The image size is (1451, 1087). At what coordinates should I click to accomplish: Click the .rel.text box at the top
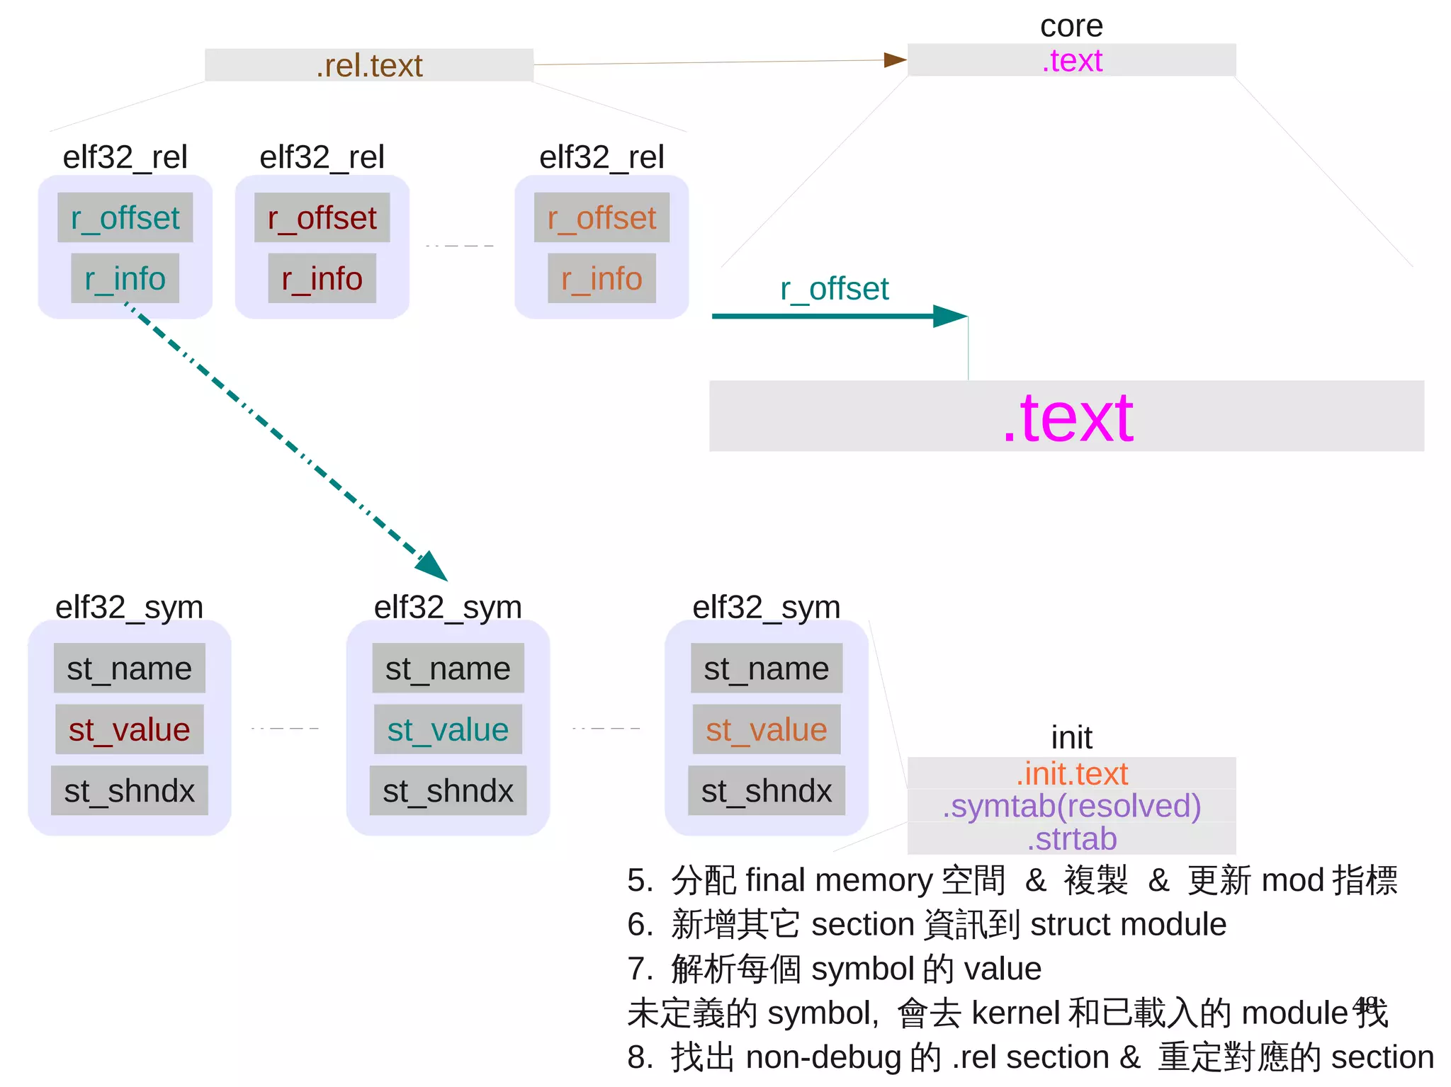(x=368, y=65)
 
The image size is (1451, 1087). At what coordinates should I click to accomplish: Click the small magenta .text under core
(x=1071, y=61)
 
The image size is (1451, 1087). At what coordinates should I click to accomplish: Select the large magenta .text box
(x=1066, y=417)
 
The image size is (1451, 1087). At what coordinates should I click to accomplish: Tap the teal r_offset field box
(x=125, y=218)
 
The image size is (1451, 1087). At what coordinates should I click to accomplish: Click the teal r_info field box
(x=125, y=278)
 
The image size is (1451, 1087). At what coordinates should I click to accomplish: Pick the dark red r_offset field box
(x=322, y=218)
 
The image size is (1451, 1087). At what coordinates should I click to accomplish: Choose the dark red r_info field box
(x=322, y=278)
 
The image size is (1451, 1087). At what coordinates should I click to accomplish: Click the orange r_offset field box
(x=602, y=218)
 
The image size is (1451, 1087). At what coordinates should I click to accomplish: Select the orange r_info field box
(x=602, y=278)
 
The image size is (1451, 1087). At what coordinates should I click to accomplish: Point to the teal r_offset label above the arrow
(x=834, y=289)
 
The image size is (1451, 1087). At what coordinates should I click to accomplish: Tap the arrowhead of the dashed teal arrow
(x=433, y=567)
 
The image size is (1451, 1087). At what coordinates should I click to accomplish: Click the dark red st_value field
(x=129, y=729)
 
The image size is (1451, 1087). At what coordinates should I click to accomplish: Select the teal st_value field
(x=448, y=729)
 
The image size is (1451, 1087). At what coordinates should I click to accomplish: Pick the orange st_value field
(x=766, y=729)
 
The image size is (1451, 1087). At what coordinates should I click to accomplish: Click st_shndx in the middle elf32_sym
(x=448, y=790)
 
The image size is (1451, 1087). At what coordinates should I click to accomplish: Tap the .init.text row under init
(x=1071, y=773)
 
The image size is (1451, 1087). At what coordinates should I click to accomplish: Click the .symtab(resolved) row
(x=1071, y=806)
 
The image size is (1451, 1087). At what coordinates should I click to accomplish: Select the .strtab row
(x=1071, y=838)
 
